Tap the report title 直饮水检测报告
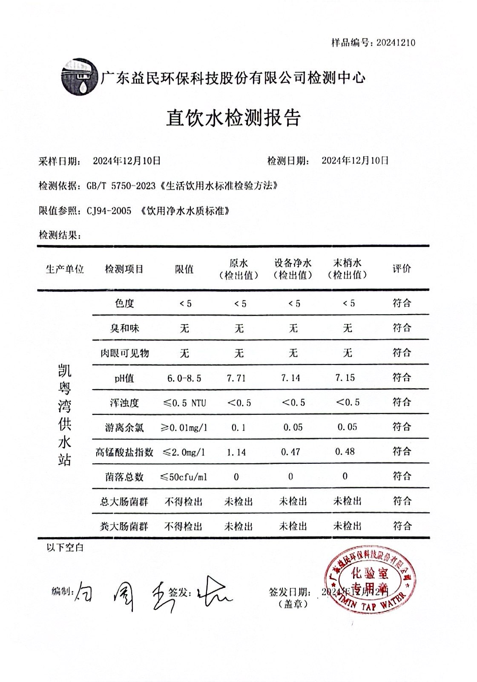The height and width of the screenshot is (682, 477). tap(233, 118)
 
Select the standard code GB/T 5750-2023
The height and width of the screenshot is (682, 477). tap(121, 186)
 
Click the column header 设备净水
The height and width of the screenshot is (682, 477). tap(293, 263)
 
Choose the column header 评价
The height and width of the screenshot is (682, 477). tap(402, 269)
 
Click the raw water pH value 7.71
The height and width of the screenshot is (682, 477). tap(236, 378)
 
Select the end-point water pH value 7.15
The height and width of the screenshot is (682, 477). tap(345, 378)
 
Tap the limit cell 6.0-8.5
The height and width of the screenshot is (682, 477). tap(184, 378)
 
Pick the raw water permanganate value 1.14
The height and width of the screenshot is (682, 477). tap(236, 452)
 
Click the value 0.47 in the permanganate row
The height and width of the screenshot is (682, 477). tap(290, 452)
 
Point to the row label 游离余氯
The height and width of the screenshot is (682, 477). tap(124, 428)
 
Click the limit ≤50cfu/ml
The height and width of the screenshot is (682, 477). tap(184, 477)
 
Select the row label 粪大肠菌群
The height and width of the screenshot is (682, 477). tap(124, 526)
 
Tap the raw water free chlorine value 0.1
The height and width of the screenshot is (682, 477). tap(238, 428)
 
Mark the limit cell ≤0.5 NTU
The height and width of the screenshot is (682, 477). tap(184, 403)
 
